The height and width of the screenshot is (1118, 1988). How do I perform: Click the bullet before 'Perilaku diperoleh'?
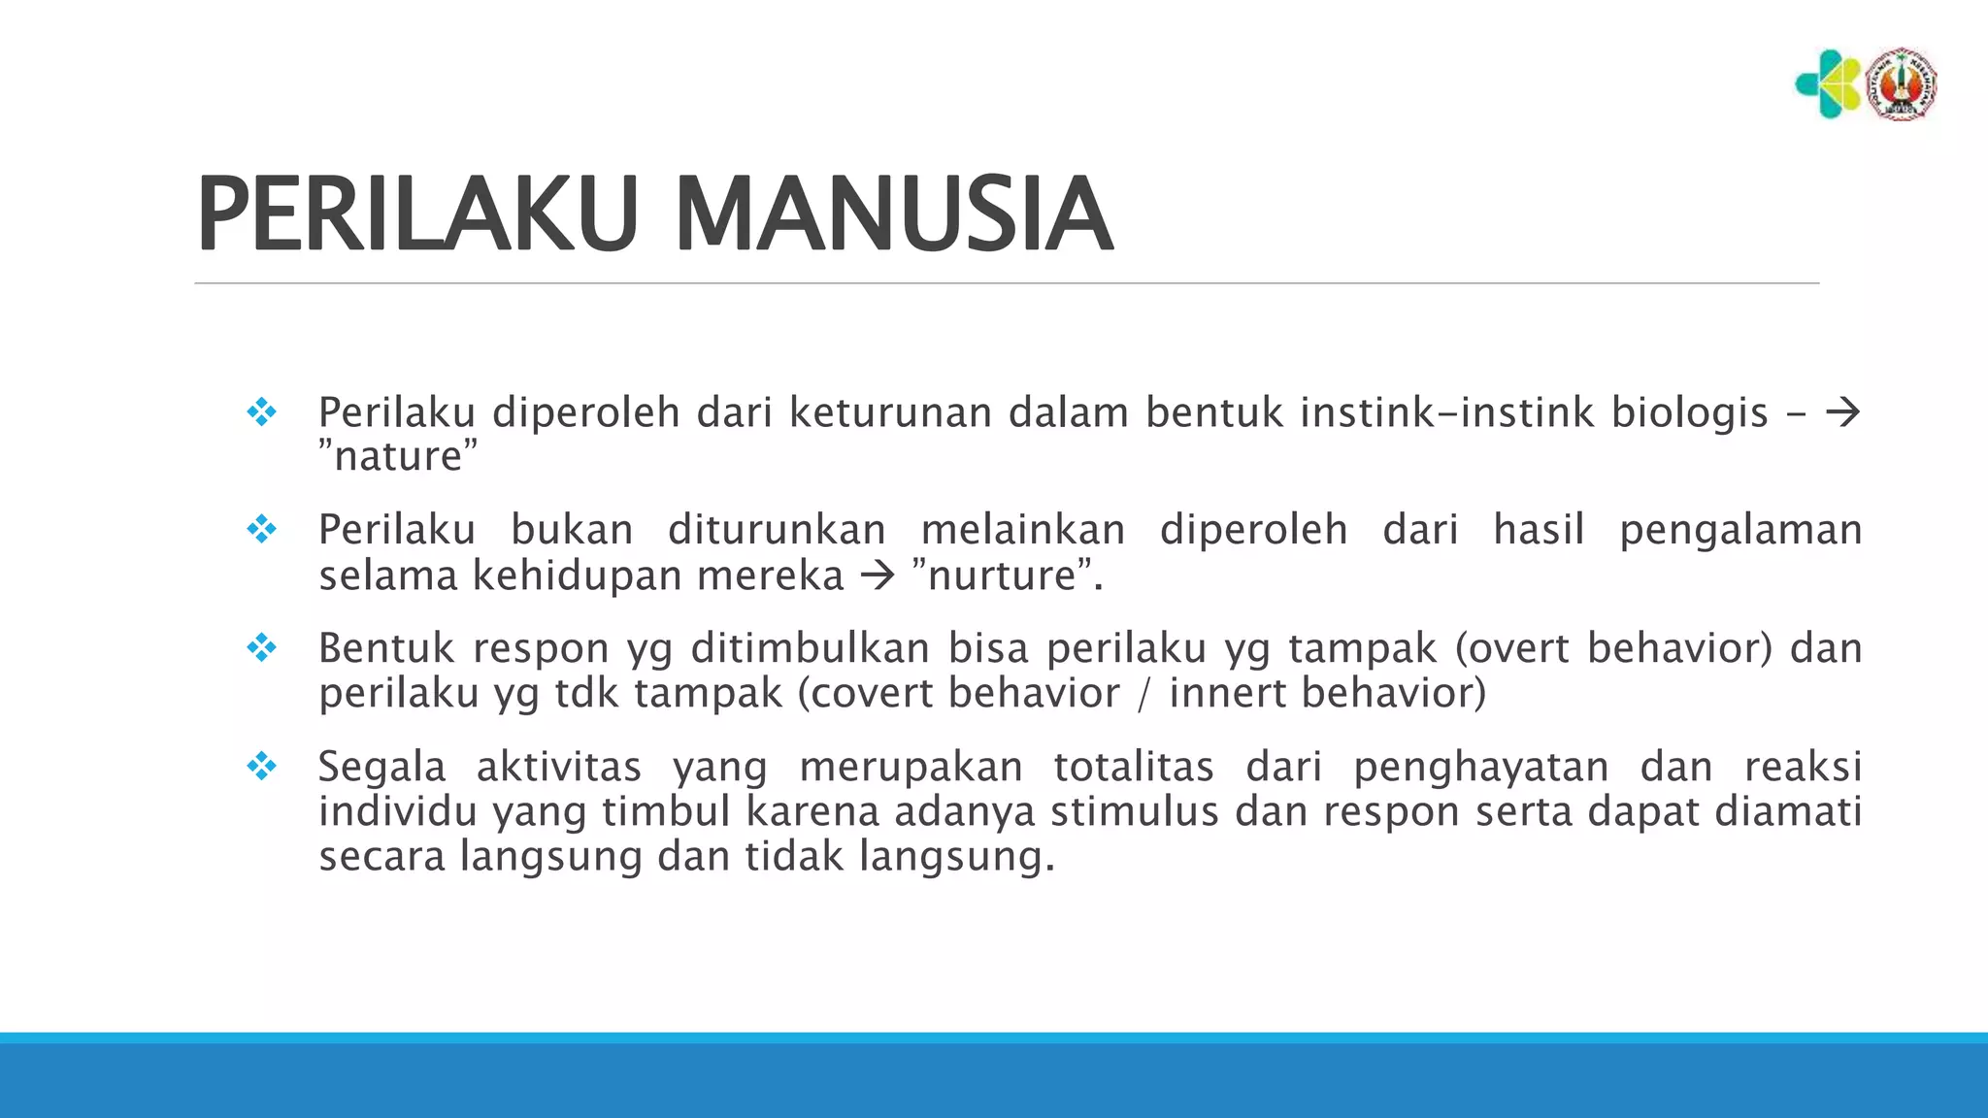coord(261,412)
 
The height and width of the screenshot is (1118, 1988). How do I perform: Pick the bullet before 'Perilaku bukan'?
coord(261,530)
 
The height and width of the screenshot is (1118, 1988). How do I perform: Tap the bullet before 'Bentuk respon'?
coord(261,647)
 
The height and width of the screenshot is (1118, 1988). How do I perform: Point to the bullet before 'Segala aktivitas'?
coord(261,767)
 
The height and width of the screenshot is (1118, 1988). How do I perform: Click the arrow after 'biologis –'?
coord(1842,413)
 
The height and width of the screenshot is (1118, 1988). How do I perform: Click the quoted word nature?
coord(398,457)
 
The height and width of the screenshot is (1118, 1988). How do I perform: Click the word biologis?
coord(1690,413)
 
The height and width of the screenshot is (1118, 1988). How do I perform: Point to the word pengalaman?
coord(1740,530)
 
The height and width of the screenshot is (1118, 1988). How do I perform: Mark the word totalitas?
coord(1134,767)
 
